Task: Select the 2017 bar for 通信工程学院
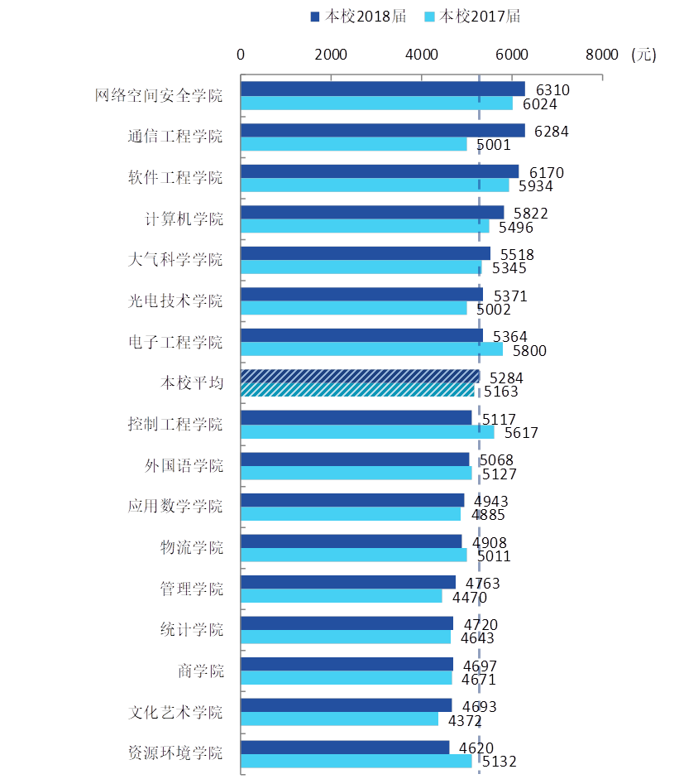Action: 353,144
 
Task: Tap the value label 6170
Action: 547,172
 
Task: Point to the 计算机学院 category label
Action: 184,219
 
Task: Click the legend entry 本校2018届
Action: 357,17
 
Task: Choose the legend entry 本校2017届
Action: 471,17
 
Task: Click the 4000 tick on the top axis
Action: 422,55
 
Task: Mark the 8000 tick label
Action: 602,55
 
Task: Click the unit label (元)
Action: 643,55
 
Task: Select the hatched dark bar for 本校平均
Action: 360,376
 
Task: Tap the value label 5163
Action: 501,392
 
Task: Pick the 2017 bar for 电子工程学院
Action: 371,349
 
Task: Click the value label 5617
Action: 521,432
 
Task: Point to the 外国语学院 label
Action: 184,465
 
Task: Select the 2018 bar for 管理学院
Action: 347,582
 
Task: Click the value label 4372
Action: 466,720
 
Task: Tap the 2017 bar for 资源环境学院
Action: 356,761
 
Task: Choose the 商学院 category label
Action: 200,671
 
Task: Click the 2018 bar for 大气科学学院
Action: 365,253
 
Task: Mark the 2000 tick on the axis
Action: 331,55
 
